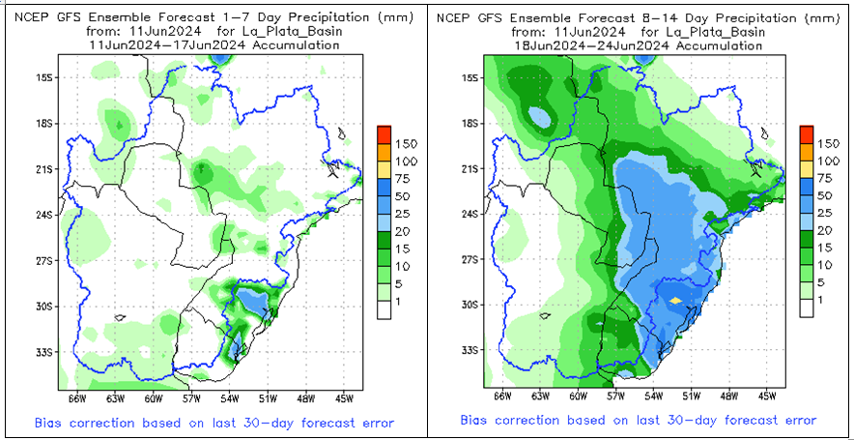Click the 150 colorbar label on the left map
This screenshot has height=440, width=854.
397,143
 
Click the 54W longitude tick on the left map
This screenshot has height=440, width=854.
227,396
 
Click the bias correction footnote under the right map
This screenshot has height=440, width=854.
637,420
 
